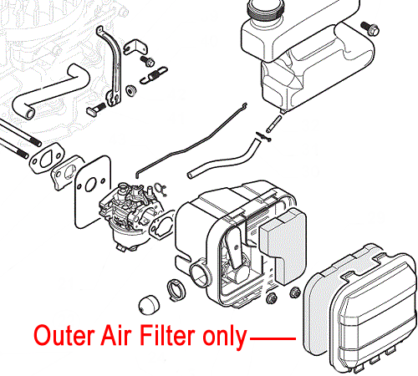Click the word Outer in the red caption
(x=64, y=335)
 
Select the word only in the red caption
(x=225, y=337)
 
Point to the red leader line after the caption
(x=273, y=338)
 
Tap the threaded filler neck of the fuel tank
(x=265, y=10)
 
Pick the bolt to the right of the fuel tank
(x=370, y=28)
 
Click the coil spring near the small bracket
(x=154, y=74)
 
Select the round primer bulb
(x=149, y=305)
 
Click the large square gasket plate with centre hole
(x=93, y=191)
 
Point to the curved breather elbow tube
(x=50, y=90)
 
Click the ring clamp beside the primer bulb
(x=176, y=290)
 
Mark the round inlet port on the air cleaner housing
(x=200, y=274)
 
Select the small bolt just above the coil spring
(x=147, y=61)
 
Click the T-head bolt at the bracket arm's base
(x=95, y=109)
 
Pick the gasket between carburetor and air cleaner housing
(x=162, y=226)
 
